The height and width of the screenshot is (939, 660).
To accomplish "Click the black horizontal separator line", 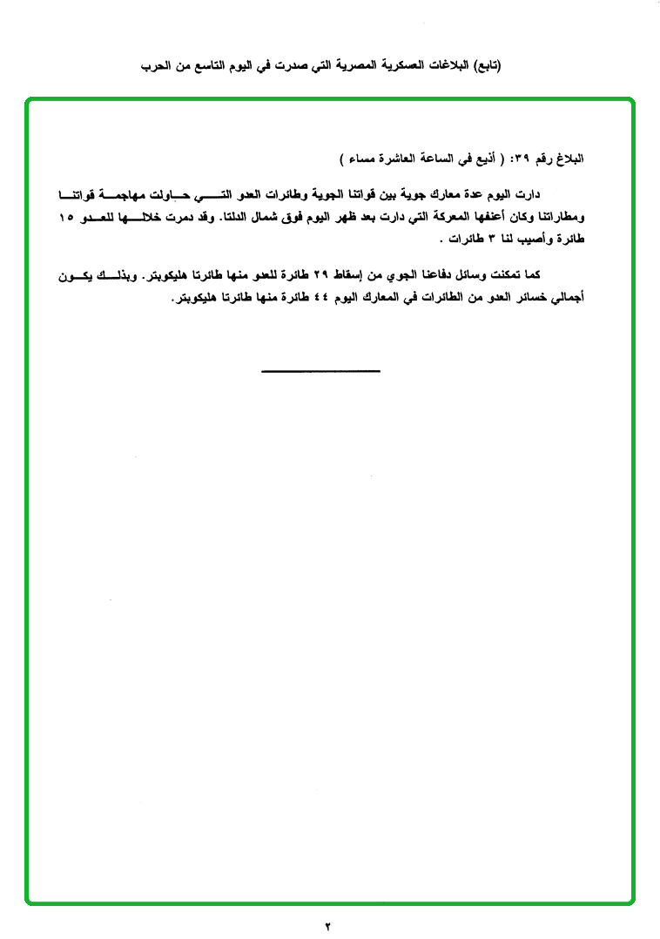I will pyautogui.click(x=320, y=372).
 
